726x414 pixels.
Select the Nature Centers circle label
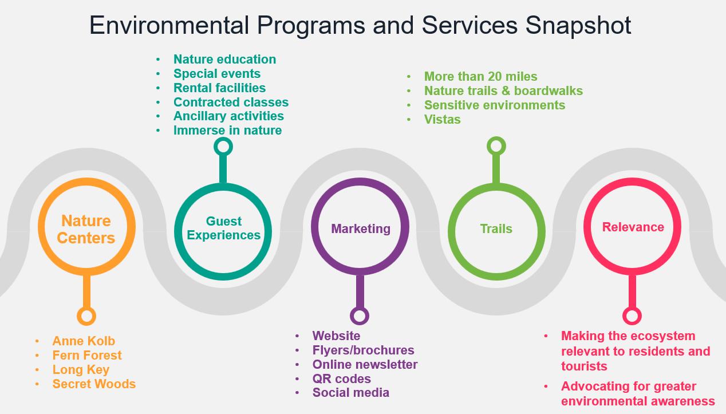pyautogui.click(x=86, y=229)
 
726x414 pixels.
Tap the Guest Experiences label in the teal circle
pyautogui.click(x=223, y=228)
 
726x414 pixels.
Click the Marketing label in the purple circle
pyautogui.click(x=361, y=228)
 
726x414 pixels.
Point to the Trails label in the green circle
pyautogui.click(x=496, y=228)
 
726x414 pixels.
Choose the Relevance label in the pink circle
pyautogui.click(x=633, y=227)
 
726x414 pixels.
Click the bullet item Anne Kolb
pyautogui.click(x=84, y=341)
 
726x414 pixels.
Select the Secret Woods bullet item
pyautogui.click(x=94, y=384)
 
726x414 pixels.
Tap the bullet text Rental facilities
pyautogui.click(x=219, y=88)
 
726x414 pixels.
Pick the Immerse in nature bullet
pyautogui.click(x=227, y=130)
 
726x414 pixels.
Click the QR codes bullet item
pyautogui.click(x=341, y=378)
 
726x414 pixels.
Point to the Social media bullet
pyautogui.click(x=350, y=392)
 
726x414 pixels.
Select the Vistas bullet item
pyautogui.click(x=442, y=119)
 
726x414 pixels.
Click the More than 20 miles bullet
pyautogui.click(x=480, y=76)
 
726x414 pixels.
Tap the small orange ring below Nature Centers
pyautogui.click(x=86, y=316)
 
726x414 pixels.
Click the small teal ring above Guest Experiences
pyautogui.click(x=223, y=147)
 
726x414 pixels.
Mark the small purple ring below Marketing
pyautogui.click(x=360, y=316)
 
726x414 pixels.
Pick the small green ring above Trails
pyautogui.click(x=496, y=146)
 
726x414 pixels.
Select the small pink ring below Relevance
pyautogui.click(x=632, y=316)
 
